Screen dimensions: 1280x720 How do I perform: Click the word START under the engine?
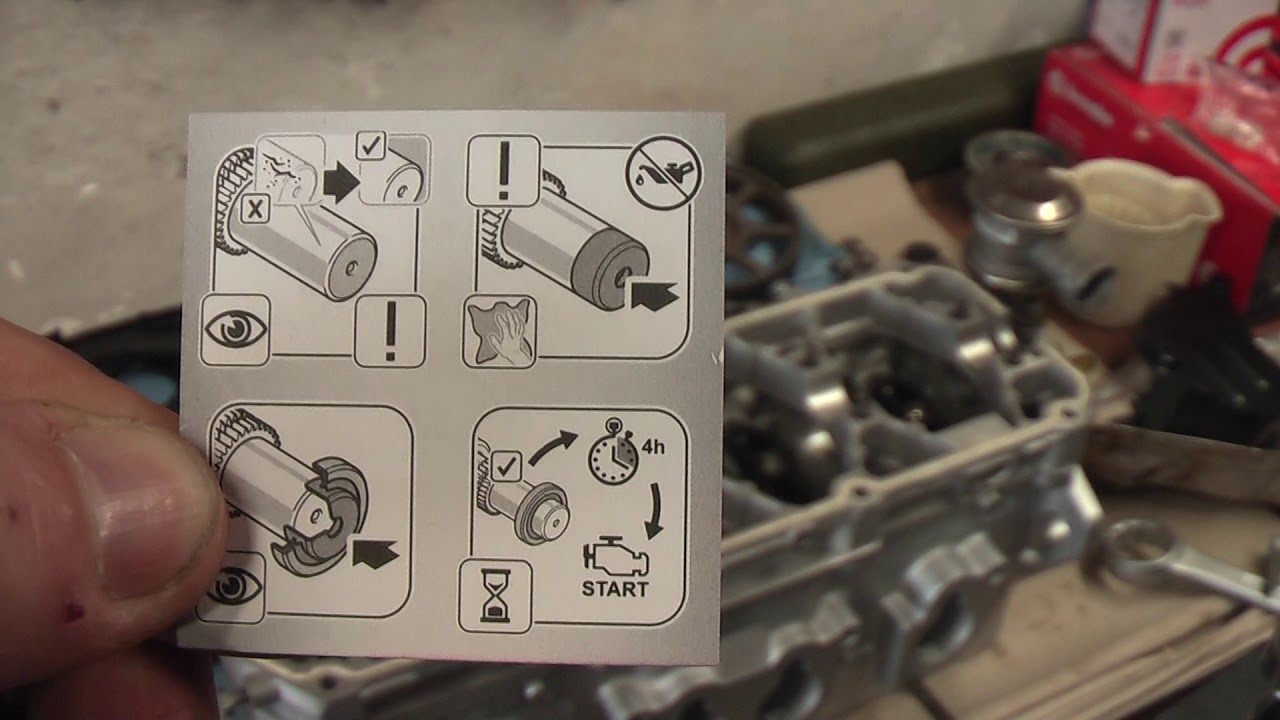click(615, 589)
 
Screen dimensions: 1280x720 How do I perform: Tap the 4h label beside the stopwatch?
click(653, 446)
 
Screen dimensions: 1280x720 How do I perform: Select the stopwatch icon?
click(614, 452)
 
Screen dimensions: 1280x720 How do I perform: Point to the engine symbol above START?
click(615, 557)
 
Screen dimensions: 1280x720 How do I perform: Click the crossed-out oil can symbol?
click(665, 173)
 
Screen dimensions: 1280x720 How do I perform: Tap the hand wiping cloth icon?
click(499, 331)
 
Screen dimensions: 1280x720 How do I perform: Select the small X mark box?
click(255, 210)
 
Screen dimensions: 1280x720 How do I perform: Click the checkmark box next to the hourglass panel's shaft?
click(506, 467)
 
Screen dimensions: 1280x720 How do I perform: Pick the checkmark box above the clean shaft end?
click(371, 146)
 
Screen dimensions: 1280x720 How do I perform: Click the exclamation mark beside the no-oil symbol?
click(503, 170)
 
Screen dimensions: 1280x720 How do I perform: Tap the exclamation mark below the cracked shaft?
click(390, 331)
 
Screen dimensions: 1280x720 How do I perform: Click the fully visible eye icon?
click(235, 330)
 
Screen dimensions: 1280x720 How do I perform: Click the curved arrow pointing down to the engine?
click(655, 511)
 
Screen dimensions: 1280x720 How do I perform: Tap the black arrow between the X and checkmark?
click(341, 182)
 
